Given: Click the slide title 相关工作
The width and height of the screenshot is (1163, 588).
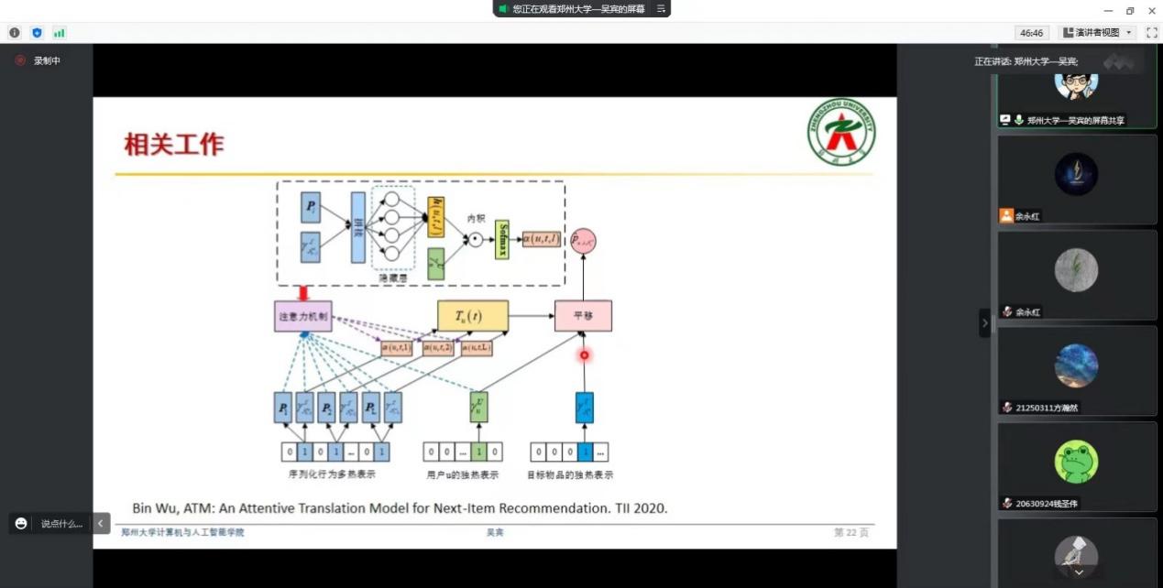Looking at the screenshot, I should [174, 145].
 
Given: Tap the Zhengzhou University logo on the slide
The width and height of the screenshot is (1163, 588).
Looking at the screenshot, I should [839, 133].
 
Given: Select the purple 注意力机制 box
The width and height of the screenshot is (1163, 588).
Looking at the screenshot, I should [302, 316].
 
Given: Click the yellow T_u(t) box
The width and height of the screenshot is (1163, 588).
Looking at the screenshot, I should [472, 316].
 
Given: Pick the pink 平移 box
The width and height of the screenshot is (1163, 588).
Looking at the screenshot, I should [583, 316].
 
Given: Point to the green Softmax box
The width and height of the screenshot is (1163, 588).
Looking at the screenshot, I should [501, 240].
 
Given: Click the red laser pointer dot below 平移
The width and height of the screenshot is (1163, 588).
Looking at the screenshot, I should [584, 354].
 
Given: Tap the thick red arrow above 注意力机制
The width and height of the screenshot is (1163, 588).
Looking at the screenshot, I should [302, 293].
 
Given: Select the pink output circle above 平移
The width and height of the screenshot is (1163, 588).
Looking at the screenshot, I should [583, 241].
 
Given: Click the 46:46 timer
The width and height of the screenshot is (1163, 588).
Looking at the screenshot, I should [1031, 33].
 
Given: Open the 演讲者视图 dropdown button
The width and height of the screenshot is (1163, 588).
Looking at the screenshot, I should [1098, 33].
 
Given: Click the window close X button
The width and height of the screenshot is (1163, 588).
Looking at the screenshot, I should [1150, 10].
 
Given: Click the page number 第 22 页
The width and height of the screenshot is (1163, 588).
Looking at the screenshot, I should [850, 532].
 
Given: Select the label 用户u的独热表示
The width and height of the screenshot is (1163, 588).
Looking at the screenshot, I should [463, 474].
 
